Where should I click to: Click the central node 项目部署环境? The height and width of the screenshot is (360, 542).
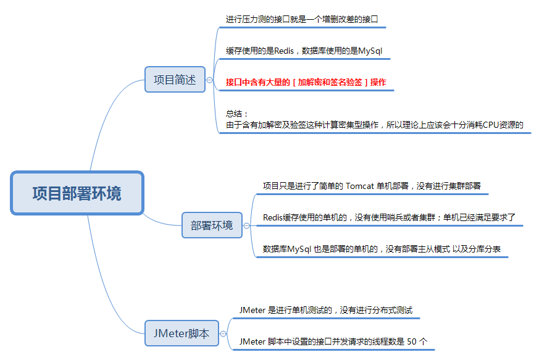point(77,193)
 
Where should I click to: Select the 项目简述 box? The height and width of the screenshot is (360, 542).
point(175,80)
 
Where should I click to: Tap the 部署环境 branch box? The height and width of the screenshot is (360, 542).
point(212,225)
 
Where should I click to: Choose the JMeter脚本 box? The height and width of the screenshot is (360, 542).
point(181,333)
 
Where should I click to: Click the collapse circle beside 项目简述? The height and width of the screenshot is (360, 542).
point(209,80)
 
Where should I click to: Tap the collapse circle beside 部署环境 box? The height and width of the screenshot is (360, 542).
point(246,226)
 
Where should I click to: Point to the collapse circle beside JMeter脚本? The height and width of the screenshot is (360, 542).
point(223,333)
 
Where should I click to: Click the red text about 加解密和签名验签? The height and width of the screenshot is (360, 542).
point(306,82)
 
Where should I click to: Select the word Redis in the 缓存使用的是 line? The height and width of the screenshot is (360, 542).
point(284,51)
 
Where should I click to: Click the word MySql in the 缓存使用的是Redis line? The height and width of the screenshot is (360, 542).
point(370,51)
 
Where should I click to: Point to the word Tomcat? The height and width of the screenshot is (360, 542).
point(360,186)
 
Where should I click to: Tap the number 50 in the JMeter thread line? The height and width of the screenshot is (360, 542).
point(412,341)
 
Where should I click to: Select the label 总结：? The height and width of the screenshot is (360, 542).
point(237,114)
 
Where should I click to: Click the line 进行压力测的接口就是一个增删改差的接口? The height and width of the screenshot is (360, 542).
point(302,19)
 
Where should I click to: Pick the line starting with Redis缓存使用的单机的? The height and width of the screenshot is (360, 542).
point(389,217)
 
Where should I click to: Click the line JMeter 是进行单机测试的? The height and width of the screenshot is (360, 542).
point(326,310)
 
